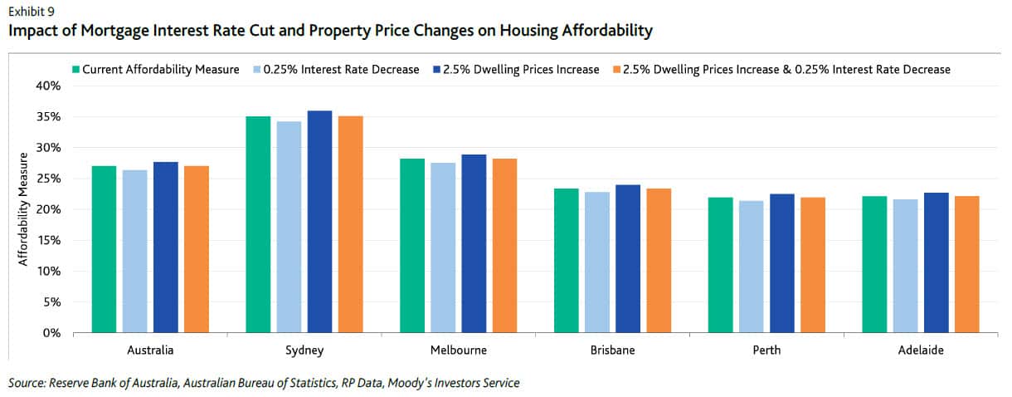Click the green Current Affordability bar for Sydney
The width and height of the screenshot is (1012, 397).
point(258,224)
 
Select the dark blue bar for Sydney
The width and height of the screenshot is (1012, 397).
point(319,222)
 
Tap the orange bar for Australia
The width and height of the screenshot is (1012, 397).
point(197,249)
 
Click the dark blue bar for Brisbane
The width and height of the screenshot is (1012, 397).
point(628,258)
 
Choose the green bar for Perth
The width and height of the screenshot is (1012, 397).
point(720,265)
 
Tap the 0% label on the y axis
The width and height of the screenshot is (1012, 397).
point(52,333)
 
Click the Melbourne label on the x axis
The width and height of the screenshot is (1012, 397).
point(459,350)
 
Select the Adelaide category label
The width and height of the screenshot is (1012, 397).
point(921,350)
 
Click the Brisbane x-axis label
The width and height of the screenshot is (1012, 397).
point(613,350)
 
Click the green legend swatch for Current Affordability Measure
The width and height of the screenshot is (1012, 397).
point(76,70)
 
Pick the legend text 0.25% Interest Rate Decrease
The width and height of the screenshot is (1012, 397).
point(341,70)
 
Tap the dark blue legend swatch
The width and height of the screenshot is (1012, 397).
point(435,70)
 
